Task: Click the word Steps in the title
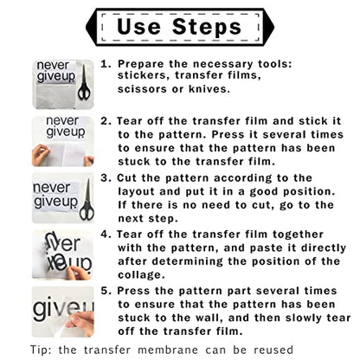[207, 27]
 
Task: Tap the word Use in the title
[138, 27]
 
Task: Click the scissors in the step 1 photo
[84, 83]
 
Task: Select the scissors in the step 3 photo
[87, 200]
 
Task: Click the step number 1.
[106, 64]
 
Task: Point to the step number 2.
[106, 120]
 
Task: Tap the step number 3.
[106, 177]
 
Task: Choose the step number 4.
[106, 234]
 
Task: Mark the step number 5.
[106, 291]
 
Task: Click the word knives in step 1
[209, 89]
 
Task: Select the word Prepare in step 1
[140, 64]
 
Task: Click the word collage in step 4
[141, 274]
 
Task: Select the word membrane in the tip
[168, 350]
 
